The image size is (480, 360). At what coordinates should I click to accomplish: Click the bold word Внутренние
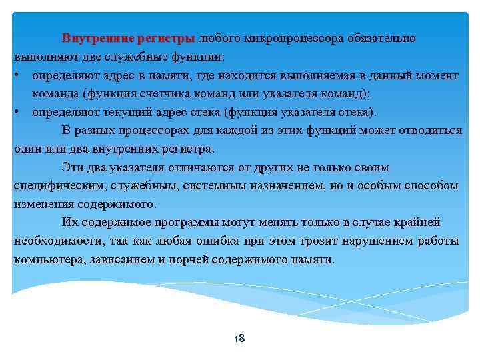point(96,39)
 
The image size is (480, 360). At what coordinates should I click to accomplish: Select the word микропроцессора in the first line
point(283,39)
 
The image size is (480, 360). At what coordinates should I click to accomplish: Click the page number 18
point(240,339)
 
